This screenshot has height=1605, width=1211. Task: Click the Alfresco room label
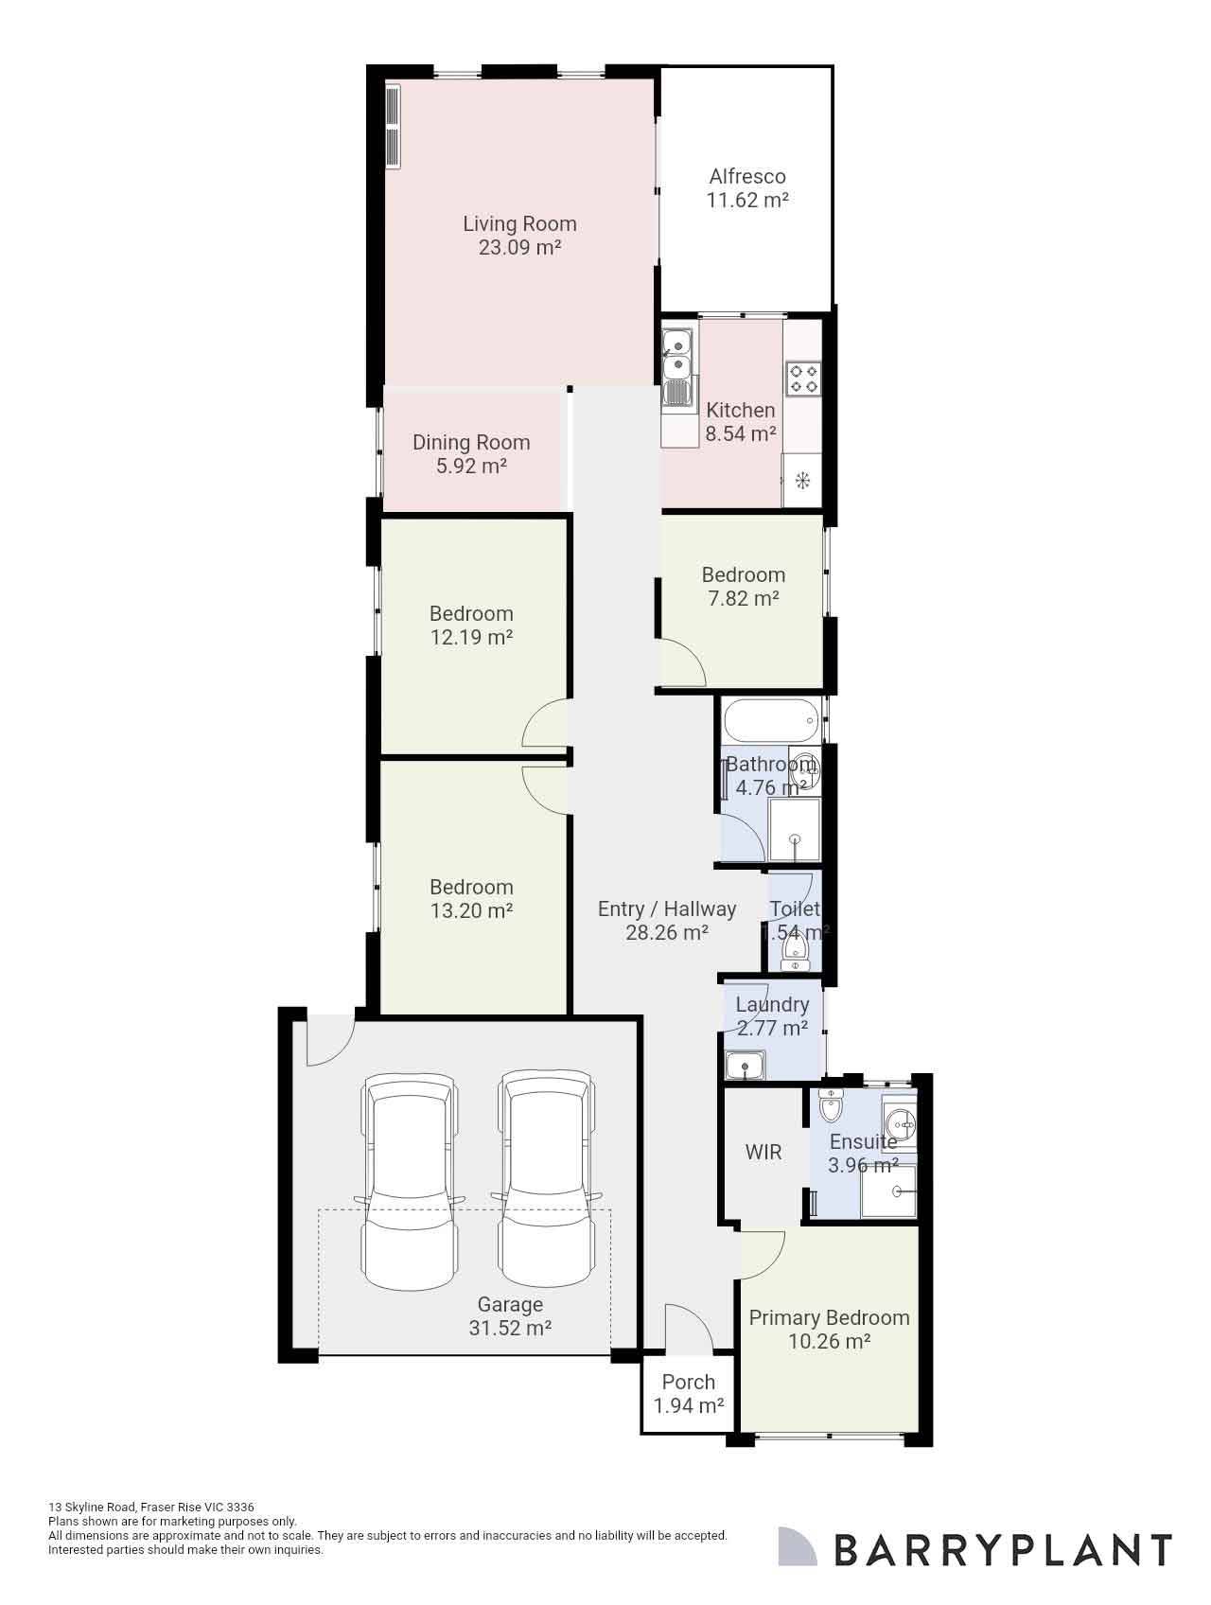(747, 176)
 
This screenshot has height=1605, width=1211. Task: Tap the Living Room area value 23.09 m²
(519, 248)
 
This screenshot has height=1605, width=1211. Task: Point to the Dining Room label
(471, 442)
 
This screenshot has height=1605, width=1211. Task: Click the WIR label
(763, 1152)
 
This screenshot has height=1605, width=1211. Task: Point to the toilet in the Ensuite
(831, 1105)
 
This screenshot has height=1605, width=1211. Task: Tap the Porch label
(689, 1382)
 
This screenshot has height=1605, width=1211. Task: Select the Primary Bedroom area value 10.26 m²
(829, 1341)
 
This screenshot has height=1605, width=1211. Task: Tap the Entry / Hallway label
(667, 908)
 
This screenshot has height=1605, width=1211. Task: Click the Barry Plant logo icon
(797, 1545)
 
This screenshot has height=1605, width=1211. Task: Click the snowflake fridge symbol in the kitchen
(802, 481)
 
